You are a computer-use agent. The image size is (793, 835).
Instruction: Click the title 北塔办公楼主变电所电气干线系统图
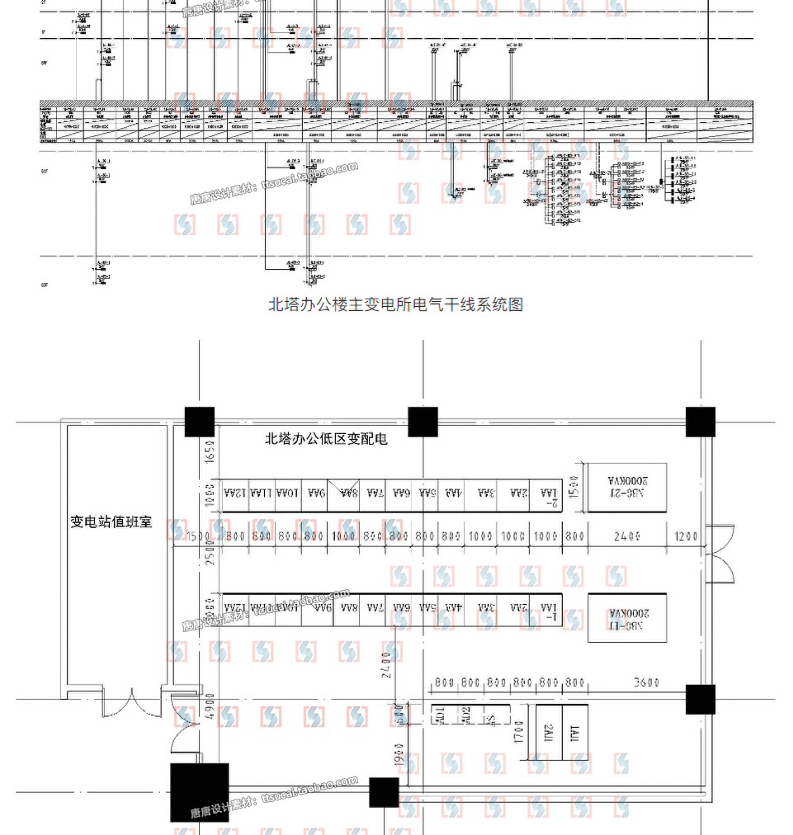(396, 304)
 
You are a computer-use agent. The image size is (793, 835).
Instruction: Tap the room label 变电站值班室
(111, 522)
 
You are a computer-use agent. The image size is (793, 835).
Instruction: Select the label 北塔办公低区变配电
(325, 439)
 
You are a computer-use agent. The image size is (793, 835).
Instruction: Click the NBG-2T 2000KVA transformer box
(627, 487)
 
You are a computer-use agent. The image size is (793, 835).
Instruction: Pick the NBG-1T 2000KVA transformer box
(627, 617)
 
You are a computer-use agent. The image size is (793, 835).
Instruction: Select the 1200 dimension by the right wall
(686, 536)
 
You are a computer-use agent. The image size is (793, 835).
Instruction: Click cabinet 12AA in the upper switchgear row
(236, 493)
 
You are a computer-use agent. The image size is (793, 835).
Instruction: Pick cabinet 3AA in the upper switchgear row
(487, 493)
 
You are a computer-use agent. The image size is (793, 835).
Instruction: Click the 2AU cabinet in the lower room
(550, 731)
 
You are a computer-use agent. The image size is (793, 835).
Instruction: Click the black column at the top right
(701, 422)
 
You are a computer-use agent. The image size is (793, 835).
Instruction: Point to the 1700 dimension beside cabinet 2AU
(519, 731)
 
